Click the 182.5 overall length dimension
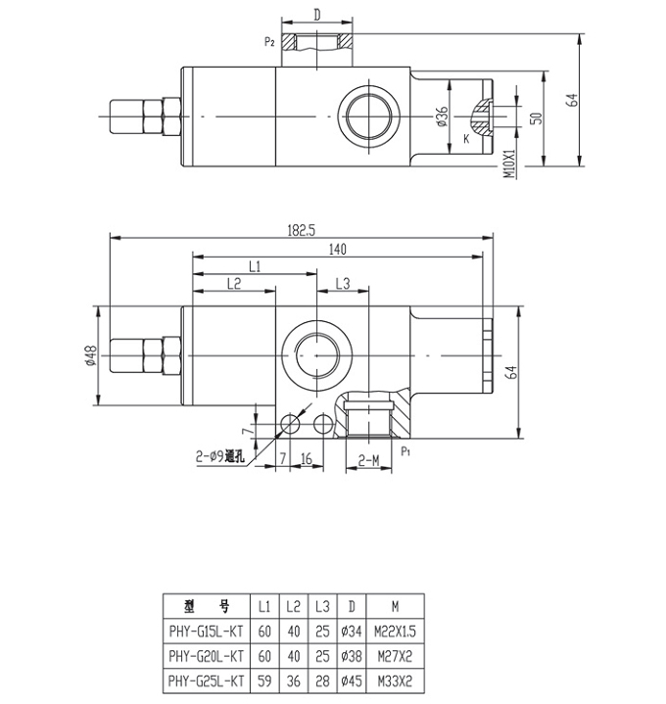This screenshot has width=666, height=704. pyautogui.click(x=302, y=230)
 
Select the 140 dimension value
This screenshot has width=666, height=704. pyautogui.click(x=338, y=249)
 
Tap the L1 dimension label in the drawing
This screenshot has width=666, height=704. pyautogui.click(x=255, y=267)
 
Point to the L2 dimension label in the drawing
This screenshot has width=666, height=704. pyautogui.click(x=234, y=284)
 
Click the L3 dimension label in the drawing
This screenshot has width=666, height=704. pyautogui.click(x=343, y=284)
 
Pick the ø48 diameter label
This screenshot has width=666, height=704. pyautogui.click(x=91, y=355)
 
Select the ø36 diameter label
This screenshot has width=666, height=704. pyautogui.click(x=443, y=117)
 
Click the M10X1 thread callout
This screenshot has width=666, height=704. pyautogui.click(x=509, y=164)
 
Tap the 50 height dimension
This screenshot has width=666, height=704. pyautogui.click(x=537, y=118)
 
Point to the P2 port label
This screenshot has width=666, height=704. pyautogui.click(x=269, y=43)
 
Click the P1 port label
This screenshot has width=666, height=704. pyautogui.click(x=405, y=451)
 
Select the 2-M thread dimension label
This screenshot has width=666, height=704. pyautogui.click(x=368, y=460)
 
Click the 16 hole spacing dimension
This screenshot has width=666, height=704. pyautogui.click(x=307, y=459)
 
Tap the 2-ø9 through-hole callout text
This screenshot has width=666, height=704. pyautogui.click(x=220, y=456)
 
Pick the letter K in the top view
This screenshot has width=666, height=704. pyautogui.click(x=466, y=139)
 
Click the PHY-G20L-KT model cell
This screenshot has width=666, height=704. pyautogui.click(x=206, y=656)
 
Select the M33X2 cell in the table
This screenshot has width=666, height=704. pyautogui.click(x=395, y=681)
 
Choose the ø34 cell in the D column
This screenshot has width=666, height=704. pyautogui.click(x=352, y=632)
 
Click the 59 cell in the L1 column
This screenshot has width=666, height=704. pyautogui.click(x=264, y=681)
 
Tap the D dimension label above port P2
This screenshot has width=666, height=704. pyautogui.click(x=317, y=16)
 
